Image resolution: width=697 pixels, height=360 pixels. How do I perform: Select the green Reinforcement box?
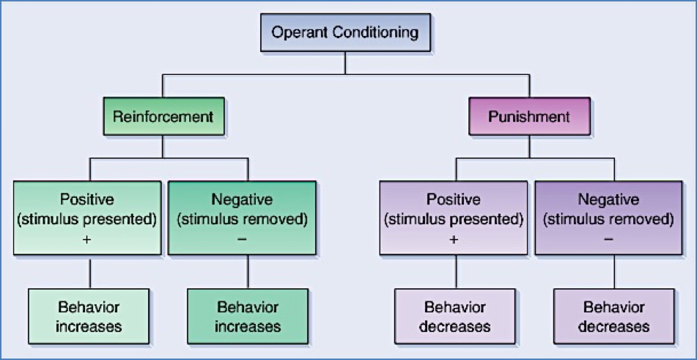click(x=163, y=117)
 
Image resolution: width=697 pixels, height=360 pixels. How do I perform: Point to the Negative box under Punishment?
click(x=614, y=217)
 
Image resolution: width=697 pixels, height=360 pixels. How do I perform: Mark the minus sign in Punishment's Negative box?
click(x=614, y=238)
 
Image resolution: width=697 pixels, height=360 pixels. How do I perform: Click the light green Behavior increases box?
click(x=89, y=316)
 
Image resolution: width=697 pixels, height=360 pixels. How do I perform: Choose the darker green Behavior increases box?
click(x=248, y=316)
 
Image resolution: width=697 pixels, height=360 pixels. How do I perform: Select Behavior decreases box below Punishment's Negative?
click(x=614, y=316)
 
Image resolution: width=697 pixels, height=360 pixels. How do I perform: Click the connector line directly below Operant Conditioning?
click(x=345, y=63)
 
